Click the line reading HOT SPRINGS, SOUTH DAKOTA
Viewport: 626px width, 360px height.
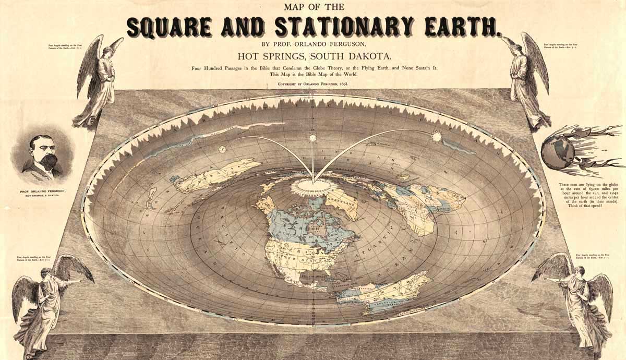313,56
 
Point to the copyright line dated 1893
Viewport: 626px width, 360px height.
313,83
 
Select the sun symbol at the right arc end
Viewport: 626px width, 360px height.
436,137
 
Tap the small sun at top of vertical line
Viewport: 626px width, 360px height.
313,138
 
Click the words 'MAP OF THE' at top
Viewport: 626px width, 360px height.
313,7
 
